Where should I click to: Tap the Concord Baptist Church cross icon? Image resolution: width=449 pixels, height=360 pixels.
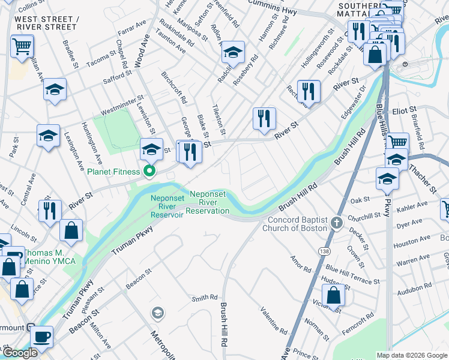tap(337, 224)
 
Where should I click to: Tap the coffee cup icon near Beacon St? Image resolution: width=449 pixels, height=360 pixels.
tap(41, 337)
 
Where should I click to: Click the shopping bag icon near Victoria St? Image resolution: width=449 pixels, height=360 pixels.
tap(333, 296)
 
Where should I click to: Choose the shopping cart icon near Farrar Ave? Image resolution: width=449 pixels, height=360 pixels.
tap(22, 46)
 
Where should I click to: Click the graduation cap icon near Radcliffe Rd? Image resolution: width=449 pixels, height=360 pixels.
tap(233, 53)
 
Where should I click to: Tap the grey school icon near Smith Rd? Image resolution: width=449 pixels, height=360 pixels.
tap(157, 312)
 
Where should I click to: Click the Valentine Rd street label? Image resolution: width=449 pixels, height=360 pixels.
tap(273, 321)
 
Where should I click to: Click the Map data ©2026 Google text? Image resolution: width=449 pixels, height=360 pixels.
tap(412, 355)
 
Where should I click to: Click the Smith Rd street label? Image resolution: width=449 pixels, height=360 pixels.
tap(204, 298)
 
